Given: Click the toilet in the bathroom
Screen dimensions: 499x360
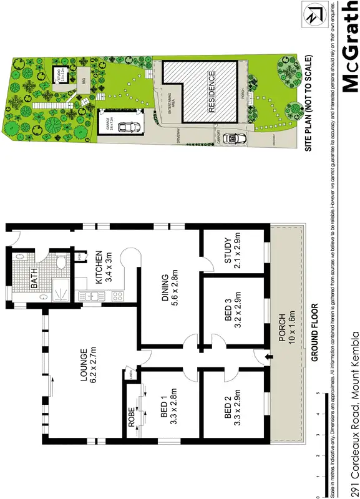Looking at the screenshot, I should tap(59, 262).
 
